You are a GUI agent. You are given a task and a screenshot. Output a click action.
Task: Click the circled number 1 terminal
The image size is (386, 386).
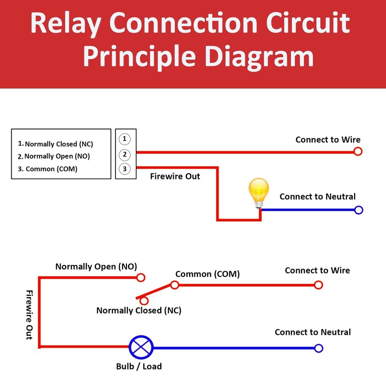(124, 139)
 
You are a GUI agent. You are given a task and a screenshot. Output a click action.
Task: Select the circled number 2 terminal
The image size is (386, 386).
(124, 154)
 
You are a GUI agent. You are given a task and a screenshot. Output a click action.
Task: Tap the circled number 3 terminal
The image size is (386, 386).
(124, 169)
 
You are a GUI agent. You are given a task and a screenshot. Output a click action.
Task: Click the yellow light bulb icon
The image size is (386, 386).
(258, 192)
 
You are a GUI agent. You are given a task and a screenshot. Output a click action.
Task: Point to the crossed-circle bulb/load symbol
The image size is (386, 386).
(141, 347)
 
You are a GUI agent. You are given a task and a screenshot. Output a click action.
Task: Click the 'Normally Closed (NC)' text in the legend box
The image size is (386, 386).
(58, 144)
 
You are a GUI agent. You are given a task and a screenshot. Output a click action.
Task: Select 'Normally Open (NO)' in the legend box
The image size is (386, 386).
(57, 156)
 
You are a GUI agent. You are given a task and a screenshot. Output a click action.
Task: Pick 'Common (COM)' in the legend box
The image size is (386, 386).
(51, 169)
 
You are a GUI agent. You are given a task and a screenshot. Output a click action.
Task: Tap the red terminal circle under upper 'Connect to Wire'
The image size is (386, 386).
(358, 152)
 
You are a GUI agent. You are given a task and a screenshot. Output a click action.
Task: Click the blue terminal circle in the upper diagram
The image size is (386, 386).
(358, 210)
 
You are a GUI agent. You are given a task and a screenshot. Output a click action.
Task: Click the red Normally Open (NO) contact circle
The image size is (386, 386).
(140, 277)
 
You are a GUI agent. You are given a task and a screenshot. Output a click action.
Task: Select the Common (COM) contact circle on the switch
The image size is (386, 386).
(175, 285)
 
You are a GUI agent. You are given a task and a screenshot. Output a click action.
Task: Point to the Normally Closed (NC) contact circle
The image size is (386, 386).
(144, 301)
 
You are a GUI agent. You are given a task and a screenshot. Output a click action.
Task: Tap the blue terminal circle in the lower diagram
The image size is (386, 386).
(318, 348)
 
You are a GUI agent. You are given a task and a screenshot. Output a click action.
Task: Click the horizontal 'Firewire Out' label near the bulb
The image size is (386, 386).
(175, 177)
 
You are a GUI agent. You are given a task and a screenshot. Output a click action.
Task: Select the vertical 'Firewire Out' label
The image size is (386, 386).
(29, 315)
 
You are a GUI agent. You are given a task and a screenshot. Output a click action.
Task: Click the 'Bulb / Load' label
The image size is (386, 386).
(139, 366)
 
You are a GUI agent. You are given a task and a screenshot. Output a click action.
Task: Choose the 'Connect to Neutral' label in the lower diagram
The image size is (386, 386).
(313, 332)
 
